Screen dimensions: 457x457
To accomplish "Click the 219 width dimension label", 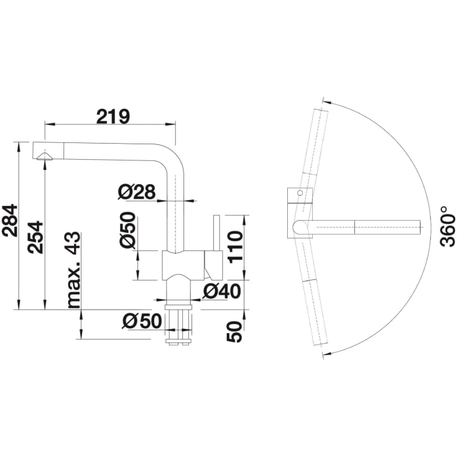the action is click(x=113, y=116).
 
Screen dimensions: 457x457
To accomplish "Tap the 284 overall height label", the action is click(x=10, y=221).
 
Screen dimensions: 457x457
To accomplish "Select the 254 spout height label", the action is click(x=35, y=237).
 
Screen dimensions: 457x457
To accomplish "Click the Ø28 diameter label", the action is click(x=137, y=192).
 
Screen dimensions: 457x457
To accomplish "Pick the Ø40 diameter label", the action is click(x=222, y=291).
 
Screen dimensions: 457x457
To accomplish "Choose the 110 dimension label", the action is click(x=236, y=247).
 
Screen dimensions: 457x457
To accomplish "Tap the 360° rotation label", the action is click(x=448, y=226).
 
